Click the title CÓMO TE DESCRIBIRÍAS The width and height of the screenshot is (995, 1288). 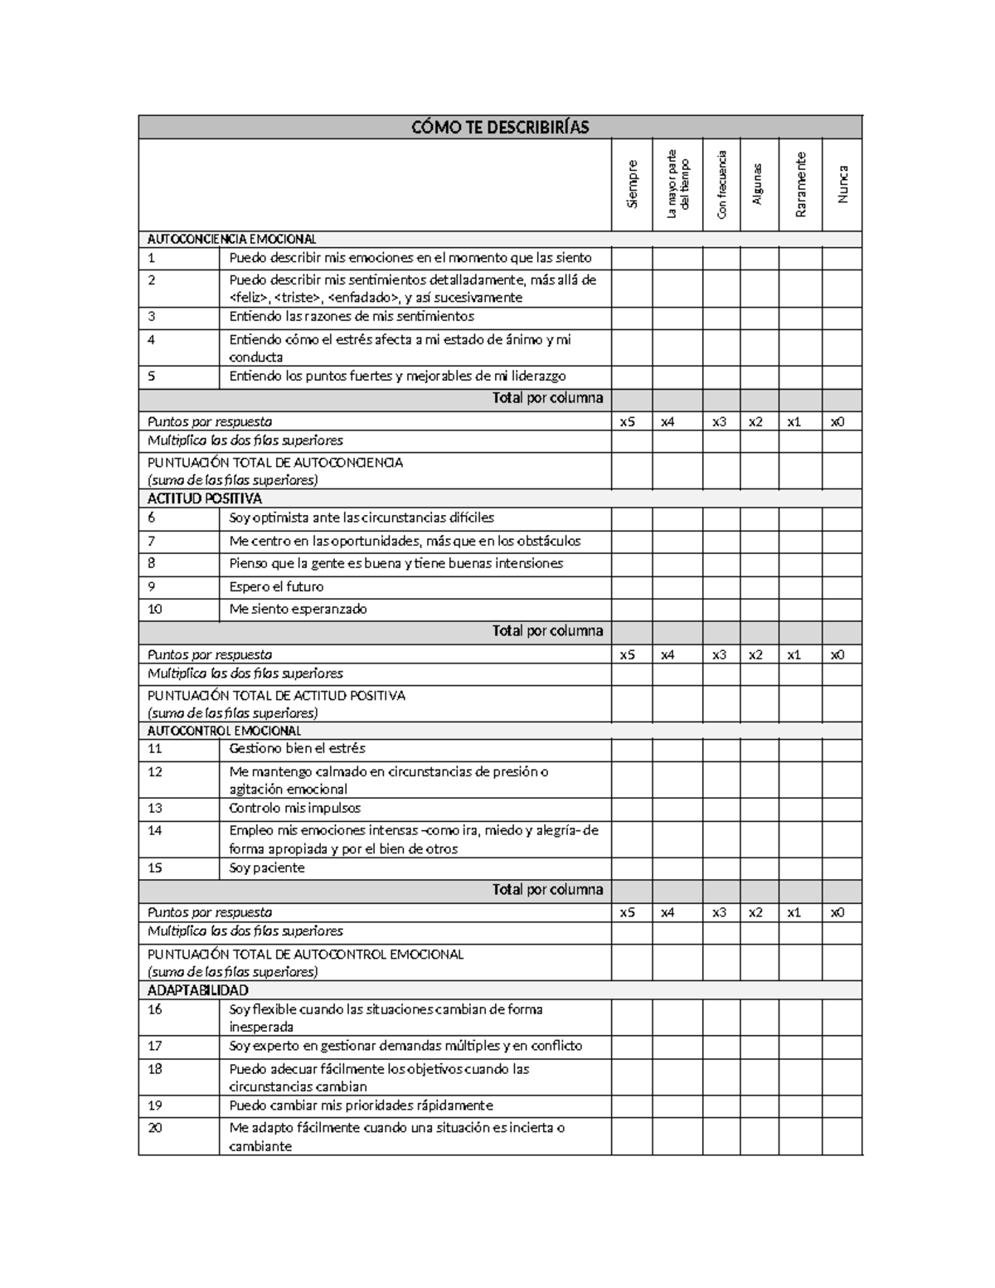coord(500,127)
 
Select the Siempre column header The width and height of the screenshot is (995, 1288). coord(633,184)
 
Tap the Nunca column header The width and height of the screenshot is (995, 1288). coord(842,184)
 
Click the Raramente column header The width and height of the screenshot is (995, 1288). coord(800,184)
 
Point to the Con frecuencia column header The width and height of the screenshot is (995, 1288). coord(722,184)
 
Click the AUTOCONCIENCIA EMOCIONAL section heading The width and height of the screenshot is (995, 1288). coord(231,239)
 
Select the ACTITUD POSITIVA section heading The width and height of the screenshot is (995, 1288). coord(204,498)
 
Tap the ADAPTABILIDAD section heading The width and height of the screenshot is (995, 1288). coord(197,990)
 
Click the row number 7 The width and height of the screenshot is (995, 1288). coord(152,541)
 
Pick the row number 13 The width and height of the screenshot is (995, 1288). coord(155,808)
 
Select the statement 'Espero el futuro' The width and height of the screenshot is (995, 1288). coord(276,586)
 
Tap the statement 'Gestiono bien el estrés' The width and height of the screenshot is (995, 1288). coord(297,748)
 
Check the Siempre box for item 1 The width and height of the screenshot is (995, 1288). coord(632,258)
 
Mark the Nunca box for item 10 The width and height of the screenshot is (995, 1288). coord(842,609)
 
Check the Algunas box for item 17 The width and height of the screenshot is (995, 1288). coord(760,1046)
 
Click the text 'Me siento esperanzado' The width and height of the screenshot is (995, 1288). coord(298,609)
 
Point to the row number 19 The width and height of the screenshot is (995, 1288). coord(155,1105)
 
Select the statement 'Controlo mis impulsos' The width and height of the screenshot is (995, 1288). coord(294,808)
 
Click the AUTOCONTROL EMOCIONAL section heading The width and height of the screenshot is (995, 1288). coord(224,731)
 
